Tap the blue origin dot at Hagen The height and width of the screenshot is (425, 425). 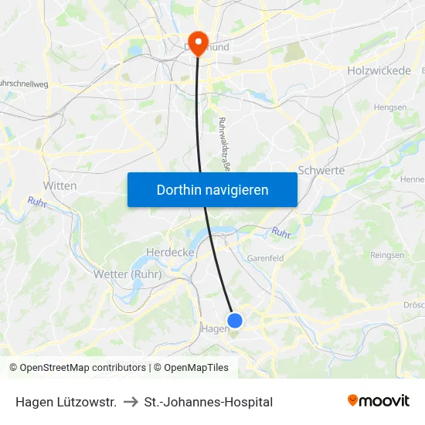click(x=235, y=320)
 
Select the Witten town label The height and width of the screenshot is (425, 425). click(x=59, y=185)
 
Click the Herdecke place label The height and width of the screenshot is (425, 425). click(x=170, y=252)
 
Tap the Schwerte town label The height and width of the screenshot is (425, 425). click(x=321, y=170)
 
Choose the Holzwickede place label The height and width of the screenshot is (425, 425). click(x=379, y=70)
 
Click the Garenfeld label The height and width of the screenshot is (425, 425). click(x=265, y=258)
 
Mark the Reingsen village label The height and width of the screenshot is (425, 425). click(x=387, y=255)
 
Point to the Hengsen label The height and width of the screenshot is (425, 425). click(x=389, y=107)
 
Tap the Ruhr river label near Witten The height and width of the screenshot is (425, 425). click(x=37, y=202)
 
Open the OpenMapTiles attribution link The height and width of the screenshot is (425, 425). click(x=191, y=368)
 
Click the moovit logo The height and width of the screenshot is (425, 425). click(x=379, y=401)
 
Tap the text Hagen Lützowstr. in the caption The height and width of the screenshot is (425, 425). click(x=66, y=402)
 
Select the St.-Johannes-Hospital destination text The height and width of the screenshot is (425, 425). click(x=209, y=402)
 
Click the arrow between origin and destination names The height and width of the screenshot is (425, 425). click(x=131, y=402)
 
